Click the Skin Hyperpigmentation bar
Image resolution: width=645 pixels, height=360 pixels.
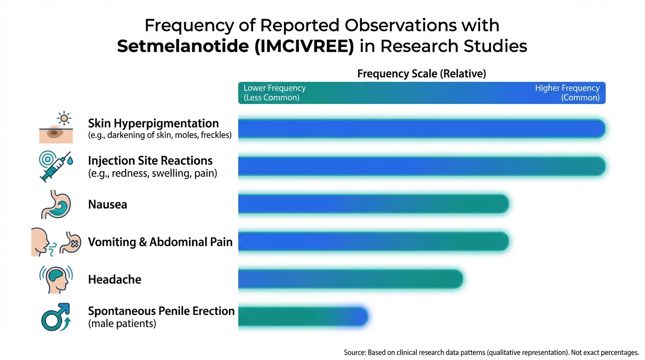(x=421, y=128)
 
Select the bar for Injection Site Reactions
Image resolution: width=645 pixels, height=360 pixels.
(x=421, y=166)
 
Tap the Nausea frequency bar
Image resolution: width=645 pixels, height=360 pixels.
(x=374, y=203)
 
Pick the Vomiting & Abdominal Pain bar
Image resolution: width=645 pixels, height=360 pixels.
(x=374, y=241)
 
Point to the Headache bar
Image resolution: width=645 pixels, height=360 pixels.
(x=351, y=279)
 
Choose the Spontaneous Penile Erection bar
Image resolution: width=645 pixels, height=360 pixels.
(x=303, y=316)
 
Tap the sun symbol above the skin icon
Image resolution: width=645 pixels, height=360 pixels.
(x=64, y=119)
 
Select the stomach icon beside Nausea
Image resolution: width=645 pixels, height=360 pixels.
(x=56, y=204)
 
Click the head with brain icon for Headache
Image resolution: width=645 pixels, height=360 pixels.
(x=56, y=279)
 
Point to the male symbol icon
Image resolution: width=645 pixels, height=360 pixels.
(x=56, y=317)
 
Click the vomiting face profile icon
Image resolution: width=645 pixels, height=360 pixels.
(x=40, y=242)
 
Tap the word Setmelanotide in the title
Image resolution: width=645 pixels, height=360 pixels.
(x=183, y=46)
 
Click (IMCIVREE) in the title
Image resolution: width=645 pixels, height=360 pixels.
(x=304, y=46)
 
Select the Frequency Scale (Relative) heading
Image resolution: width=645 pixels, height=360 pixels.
(x=421, y=74)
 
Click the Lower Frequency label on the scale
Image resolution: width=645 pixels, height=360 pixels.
(x=274, y=88)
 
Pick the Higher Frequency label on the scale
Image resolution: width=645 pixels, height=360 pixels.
(x=567, y=88)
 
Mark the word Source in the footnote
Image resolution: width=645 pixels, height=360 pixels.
(x=354, y=352)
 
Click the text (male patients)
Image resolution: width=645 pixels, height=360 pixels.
(x=122, y=323)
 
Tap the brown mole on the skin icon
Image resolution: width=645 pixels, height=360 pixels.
(x=55, y=133)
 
